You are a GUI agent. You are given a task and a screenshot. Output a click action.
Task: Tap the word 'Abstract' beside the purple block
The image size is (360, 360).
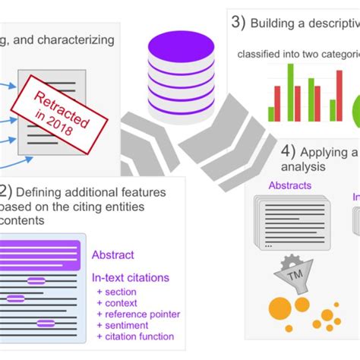[113, 255]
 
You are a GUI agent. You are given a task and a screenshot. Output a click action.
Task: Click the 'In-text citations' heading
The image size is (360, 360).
[131, 277]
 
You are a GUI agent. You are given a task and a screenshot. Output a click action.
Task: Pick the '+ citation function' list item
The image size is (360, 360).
[135, 336]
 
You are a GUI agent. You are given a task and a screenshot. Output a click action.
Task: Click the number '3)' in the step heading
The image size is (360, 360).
[238, 22]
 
